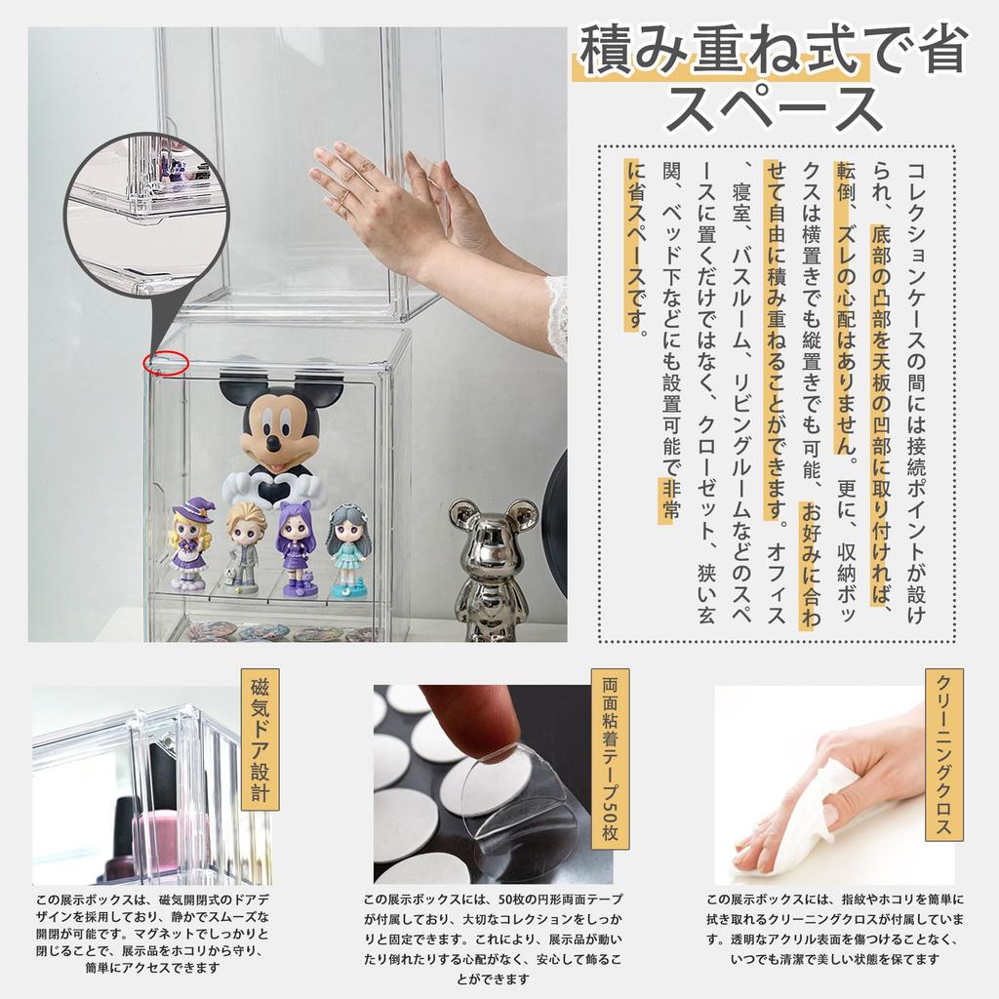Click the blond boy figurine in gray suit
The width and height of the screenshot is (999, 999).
pos(244,545)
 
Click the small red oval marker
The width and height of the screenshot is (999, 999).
pos(165,363)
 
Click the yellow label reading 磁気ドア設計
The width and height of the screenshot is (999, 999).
pos(260,740)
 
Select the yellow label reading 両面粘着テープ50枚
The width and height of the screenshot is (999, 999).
pos(610,760)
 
